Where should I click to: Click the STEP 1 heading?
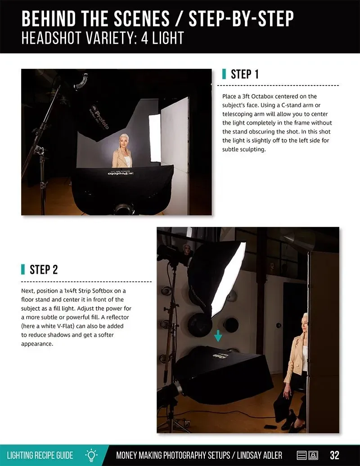tap(245, 74)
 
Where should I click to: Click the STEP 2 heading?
tap(44, 270)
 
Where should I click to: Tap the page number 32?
tap(334, 455)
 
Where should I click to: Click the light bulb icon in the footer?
tap(91, 455)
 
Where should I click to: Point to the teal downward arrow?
tap(218, 335)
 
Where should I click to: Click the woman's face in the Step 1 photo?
tap(122, 142)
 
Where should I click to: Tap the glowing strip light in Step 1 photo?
tap(155, 138)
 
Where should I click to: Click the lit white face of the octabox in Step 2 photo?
tap(229, 279)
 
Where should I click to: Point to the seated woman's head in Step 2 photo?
tap(305, 322)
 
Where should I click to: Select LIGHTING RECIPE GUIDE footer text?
tap(40, 455)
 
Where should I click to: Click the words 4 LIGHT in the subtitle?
tap(162, 38)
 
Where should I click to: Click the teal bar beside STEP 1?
tap(224, 74)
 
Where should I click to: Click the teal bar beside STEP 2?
tap(23, 269)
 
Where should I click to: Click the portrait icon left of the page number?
tap(313, 455)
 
